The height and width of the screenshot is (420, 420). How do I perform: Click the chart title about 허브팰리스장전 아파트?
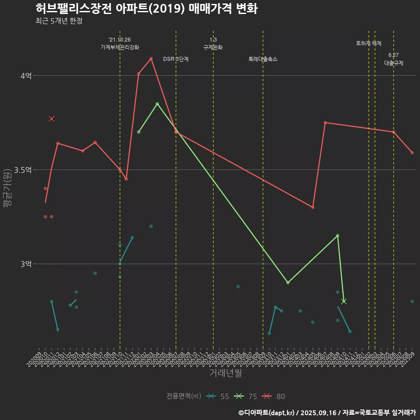pyautogui.click(x=146, y=9)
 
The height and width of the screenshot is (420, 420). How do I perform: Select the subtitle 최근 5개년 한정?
pyautogui.click(x=59, y=21)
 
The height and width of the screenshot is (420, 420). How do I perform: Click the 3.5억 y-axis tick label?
pyautogui.click(x=23, y=170)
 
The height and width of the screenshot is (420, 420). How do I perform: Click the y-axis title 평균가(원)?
pyautogui.click(x=7, y=188)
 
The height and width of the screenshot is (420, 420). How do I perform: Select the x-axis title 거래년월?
pyautogui.click(x=225, y=373)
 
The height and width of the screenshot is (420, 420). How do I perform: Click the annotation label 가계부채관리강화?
pyautogui.click(x=120, y=47)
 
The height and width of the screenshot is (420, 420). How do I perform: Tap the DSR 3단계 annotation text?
pyautogui.click(x=176, y=59)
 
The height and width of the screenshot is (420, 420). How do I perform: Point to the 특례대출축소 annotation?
pyautogui.click(x=263, y=59)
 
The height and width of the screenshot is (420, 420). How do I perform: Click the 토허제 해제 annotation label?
pyautogui.click(x=369, y=43)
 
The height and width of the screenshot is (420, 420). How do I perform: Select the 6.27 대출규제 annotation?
pyautogui.click(x=394, y=59)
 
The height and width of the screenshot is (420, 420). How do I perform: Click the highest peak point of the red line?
pyautogui.click(x=151, y=58)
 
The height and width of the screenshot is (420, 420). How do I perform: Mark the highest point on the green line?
pyautogui.click(x=157, y=104)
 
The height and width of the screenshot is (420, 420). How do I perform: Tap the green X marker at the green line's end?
pyautogui.click(x=344, y=301)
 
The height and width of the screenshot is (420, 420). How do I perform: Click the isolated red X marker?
pyautogui.click(x=52, y=119)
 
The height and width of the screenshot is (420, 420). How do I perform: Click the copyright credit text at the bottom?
pyautogui.click(x=327, y=413)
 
